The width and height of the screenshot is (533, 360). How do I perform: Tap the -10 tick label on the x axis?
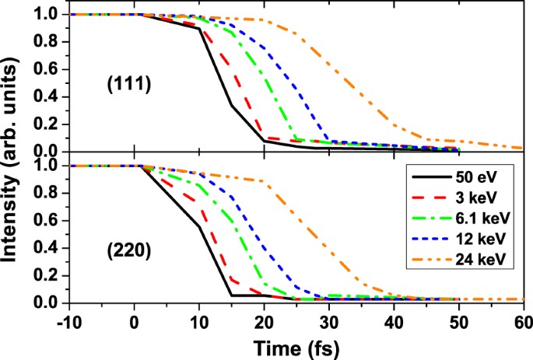tap(65, 320)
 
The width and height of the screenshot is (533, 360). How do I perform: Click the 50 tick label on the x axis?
tap(458, 320)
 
